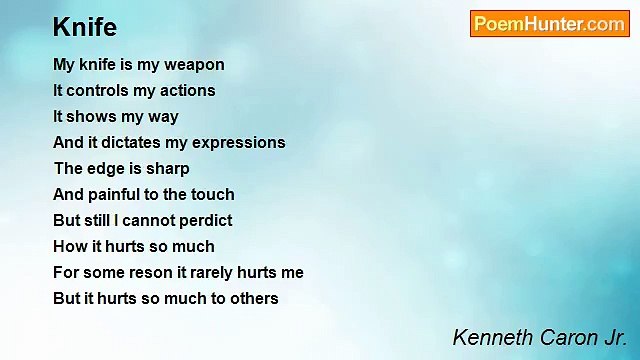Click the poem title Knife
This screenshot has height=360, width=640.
85,27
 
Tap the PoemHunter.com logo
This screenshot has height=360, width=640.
549,24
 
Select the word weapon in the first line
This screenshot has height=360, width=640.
192,65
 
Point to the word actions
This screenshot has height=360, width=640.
187,91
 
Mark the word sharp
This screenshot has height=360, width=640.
167,169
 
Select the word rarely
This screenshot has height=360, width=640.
219,273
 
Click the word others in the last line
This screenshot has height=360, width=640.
253,299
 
